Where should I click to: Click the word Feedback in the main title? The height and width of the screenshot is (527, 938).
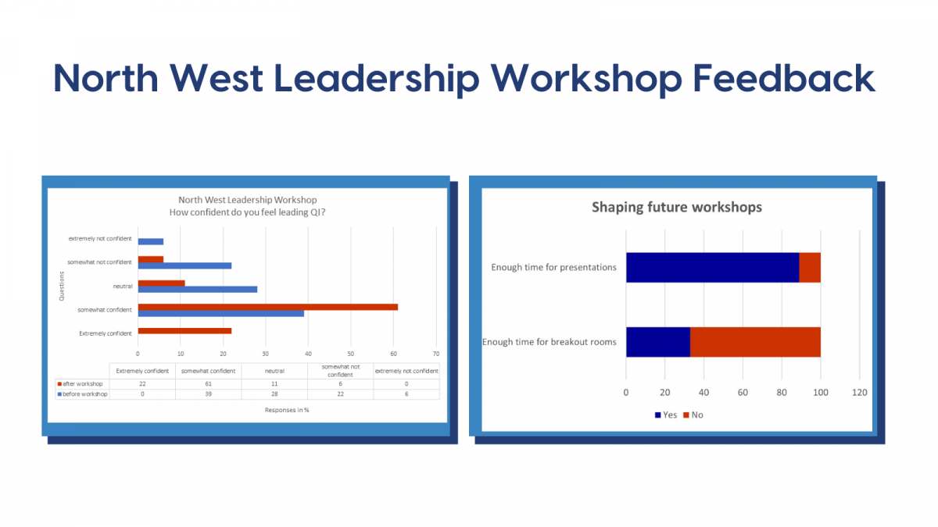pos(783,78)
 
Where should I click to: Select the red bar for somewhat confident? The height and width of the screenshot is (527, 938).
pos(268,307)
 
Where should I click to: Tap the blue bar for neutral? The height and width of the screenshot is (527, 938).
pos(198,290)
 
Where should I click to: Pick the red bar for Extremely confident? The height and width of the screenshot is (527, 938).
pos(184,331)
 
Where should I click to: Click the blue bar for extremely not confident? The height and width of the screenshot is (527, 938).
pos(151,242)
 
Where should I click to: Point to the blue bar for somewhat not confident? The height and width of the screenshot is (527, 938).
pos(184,265)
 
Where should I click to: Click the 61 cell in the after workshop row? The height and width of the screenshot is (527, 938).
pos(209,383)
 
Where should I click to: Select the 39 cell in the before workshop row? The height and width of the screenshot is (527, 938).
pos(209,394)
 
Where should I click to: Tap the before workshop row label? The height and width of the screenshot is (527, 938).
pos(83,394)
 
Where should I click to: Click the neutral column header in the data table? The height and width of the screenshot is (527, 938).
pos(274,371)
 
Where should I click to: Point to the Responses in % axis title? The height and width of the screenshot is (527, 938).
pos(287,410)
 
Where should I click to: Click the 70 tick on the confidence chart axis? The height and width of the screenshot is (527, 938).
pos(436,354)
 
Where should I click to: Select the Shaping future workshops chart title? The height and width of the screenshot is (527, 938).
pos(677,207)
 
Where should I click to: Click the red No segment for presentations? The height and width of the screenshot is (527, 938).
pos(810,267)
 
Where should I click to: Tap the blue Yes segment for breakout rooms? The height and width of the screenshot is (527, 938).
pos(658,342)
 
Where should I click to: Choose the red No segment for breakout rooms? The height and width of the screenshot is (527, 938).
pos(755,342)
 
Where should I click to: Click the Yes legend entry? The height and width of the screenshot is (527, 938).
pos(666,415)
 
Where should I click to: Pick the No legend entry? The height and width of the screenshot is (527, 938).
pos(693,415)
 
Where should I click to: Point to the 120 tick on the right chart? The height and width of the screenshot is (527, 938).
pos(860,392)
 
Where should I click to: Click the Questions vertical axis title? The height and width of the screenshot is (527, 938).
pos(62,286)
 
